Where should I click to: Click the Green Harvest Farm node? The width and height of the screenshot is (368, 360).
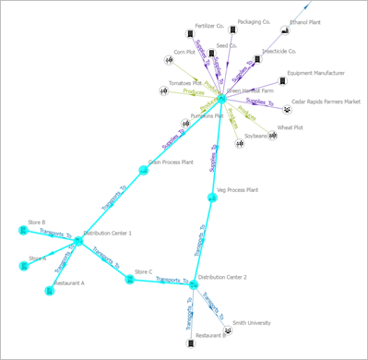click(220, 99)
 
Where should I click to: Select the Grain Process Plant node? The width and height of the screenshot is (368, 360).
click(144, 170)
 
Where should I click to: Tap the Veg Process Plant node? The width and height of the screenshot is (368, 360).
click(212, 197)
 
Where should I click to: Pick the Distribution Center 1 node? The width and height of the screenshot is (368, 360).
click(77, 240)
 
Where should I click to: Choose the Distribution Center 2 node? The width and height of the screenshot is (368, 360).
click(194, 285)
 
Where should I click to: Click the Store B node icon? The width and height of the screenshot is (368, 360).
click(23, 229)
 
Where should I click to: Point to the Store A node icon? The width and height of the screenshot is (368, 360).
click(24, 266)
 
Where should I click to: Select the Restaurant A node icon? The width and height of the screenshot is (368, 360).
click(51, 291)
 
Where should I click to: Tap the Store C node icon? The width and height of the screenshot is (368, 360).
click(130, 279)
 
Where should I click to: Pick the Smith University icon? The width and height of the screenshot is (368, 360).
click(228, 331)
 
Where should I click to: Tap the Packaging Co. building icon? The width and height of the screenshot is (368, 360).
click(231, 30)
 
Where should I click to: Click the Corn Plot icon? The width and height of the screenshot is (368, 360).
click(169, 61)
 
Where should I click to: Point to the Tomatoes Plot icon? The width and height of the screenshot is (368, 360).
click(164, 91)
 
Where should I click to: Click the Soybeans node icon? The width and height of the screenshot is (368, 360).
click(239, 143)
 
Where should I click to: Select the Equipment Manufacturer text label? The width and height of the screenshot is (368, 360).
click(315, 72)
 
